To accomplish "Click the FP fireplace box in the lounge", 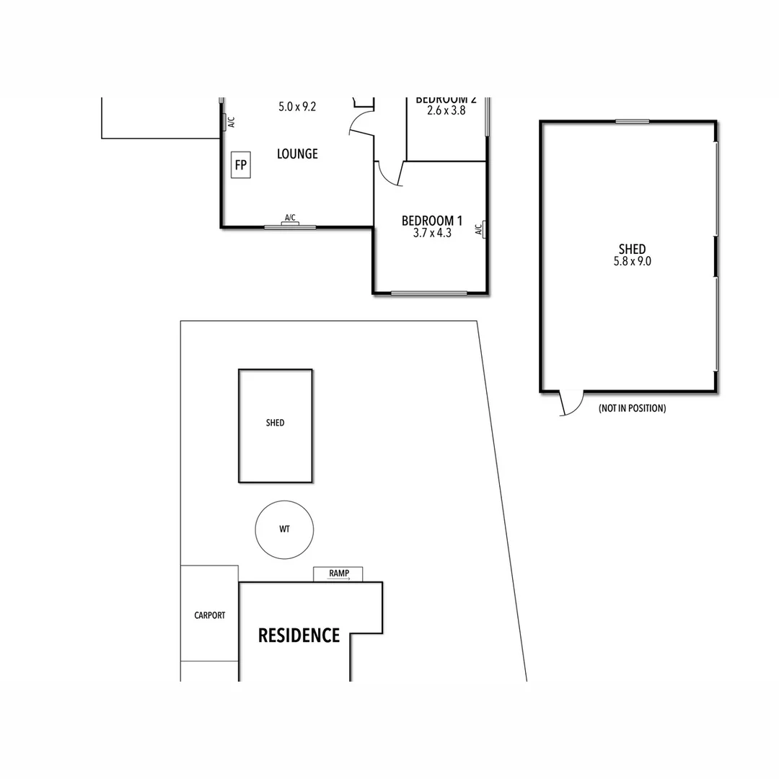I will (x=240, y=166).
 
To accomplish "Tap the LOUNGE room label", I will (x=297, y=154).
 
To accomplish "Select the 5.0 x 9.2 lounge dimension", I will (x=297, y=107).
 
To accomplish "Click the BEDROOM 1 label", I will (x=432, y=221).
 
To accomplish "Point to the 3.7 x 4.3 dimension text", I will (x=432, y=234).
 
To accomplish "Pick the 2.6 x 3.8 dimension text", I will (x=446, y=111).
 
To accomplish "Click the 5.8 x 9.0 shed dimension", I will (x=632, y=262).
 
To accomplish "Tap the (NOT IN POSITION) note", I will (x=632, y=408).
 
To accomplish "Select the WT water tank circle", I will (x=284, y=529).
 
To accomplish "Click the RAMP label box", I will (x=338, y=573).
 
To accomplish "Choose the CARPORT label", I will (x=209, y=615).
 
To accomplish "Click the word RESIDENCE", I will (x=299, y=635).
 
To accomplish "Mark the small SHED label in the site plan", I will (x=275, y=423).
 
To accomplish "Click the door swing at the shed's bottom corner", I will (x=571, y=403).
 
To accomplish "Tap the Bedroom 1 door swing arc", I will (x=387, y=175).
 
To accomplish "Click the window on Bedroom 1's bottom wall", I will (x=429, y=293).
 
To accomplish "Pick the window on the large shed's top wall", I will (x=632, y=121).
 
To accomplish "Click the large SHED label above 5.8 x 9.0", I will (x=632, y=250).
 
